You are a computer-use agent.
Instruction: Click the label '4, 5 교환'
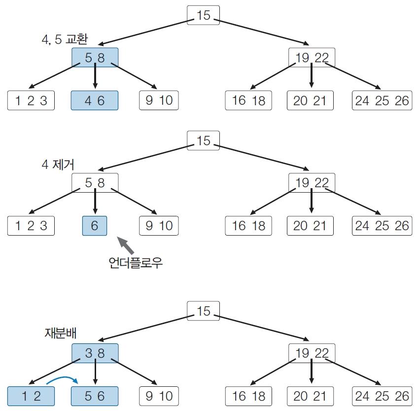pyautogui.click(x=65, y=40)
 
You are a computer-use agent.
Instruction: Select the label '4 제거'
pyautogui.click(x=58, y=164)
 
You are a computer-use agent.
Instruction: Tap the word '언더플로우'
pyautogui.click(x=136, y=262)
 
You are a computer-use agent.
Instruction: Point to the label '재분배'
pyautogui.click(x=61, y=333)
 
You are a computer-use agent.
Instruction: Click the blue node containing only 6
pyautogui.click(x=95, y=226)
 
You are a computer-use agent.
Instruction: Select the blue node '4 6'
pyautogui.click(x=95, y=100)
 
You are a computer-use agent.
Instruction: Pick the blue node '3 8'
pyautogui.click(x=95, y=353)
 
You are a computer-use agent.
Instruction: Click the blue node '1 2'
pyautogui.click(x=31, y=396)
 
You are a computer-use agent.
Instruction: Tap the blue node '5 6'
pyautogui.click(x=95, y=396)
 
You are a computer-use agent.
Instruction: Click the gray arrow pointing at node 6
pyautogui.click(x=125, y=245)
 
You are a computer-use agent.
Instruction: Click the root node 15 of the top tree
pyautogui.click(x=203, y=15)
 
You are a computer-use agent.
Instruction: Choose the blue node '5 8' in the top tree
pyautogui.click(x=95, y=57)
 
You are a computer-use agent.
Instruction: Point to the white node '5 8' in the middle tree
pyautogui.click(x=95, y=183)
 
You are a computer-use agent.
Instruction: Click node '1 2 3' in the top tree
pyautogui.click(x=31, y=100)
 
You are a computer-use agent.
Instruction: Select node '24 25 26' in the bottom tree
pyautogui.click(x=382, y=396)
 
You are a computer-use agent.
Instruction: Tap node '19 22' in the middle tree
pyautogui.click(x=312, y=183)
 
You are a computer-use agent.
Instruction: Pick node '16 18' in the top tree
pyautogui.click(x=248, y=100)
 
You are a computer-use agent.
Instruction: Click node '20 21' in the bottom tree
pyautogui.click(x=310, y=396)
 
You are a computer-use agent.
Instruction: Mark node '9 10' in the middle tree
pyautogui.click(x=159, y=226)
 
